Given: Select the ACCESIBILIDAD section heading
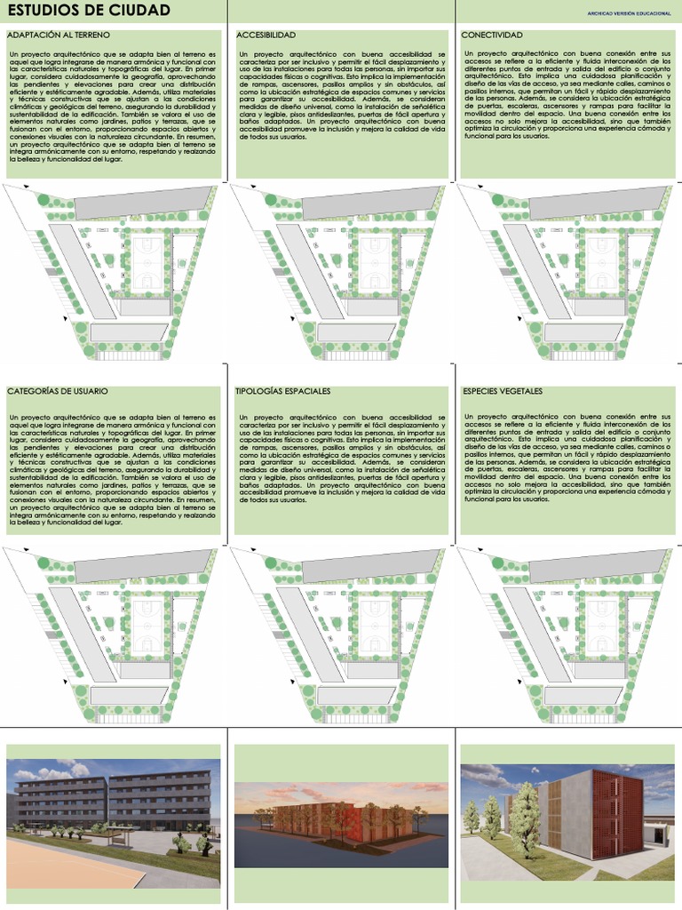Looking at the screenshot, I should (266, 35).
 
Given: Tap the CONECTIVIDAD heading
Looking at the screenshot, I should (492, 35).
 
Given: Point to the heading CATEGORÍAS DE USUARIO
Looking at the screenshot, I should (58, 391).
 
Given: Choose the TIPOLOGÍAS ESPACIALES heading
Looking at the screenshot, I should (282, 391).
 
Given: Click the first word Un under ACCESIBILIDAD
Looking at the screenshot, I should (243, 54).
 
